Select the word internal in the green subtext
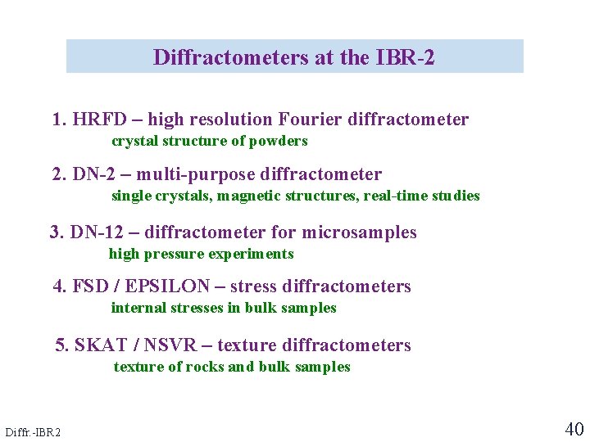(137, 308)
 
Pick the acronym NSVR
(170, 345)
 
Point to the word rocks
(204, 367)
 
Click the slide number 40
(574, 429)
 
